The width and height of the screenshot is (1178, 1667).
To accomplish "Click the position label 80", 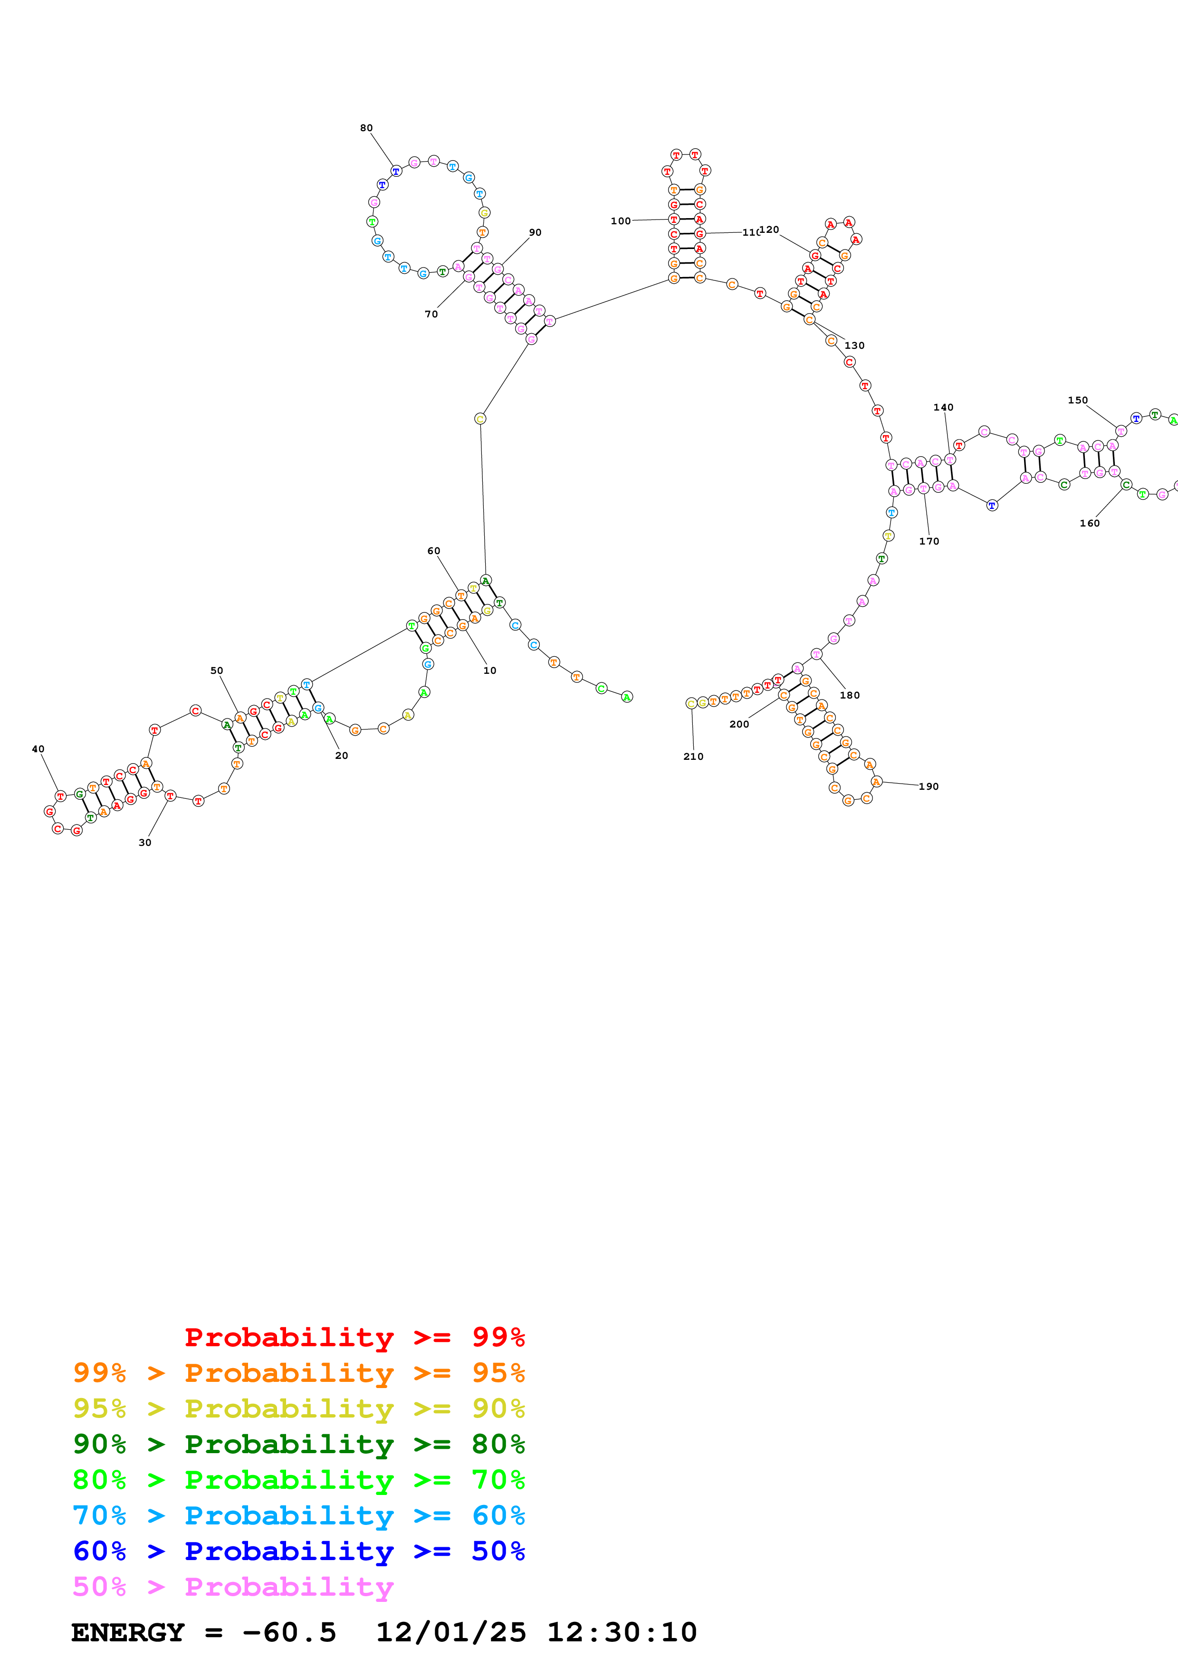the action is [366, 128].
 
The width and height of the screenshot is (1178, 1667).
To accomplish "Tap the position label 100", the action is [621, 220].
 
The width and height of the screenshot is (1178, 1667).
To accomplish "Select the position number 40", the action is [38, 748].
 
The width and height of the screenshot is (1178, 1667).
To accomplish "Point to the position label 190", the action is [929, 786].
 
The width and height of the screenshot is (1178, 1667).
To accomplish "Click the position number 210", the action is [693, 756].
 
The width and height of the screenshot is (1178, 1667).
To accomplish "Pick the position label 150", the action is [1078, 400].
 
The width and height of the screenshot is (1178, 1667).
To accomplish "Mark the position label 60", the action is [433, 550].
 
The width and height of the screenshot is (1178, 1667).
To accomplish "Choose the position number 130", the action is [854, 345].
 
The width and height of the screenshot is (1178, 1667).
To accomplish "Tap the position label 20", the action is [341, 755].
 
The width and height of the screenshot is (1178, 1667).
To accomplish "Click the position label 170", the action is [929, 541].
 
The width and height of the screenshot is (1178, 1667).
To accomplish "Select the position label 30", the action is [145, 842].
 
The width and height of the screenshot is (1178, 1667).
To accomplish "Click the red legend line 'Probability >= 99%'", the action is [354, 1337].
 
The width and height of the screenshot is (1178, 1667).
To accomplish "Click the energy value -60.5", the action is [289, 1632].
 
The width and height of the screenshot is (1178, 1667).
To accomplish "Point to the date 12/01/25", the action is [450, 1632].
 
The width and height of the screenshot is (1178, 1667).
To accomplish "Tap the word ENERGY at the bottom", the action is [128, 1632].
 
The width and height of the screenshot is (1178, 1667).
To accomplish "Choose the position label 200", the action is [739, 724].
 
